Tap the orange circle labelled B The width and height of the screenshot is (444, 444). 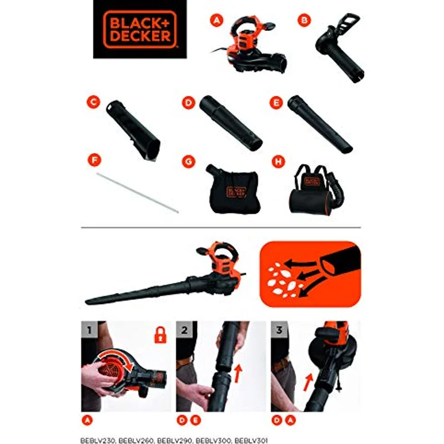point(305,20)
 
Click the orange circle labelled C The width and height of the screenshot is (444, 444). point(93,103)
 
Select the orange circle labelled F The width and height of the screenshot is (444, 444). point(93,160)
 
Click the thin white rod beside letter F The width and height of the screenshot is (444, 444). point(138,192)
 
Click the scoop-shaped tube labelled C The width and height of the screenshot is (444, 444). point(133,129)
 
